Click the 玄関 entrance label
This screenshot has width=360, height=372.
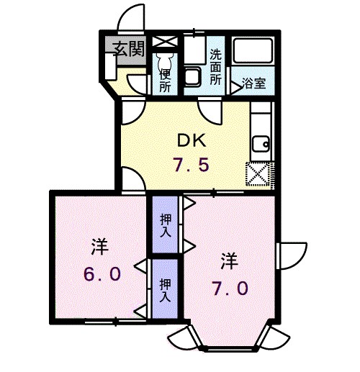point(129,48)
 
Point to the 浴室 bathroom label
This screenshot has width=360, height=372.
point(253,83)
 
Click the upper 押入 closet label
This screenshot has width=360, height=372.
point(165,224)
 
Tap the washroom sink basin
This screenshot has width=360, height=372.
point(193,76)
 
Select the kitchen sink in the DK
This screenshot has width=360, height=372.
point(260,144)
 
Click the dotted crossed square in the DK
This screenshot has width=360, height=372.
point(257,173)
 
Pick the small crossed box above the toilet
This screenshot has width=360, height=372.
point(165,40)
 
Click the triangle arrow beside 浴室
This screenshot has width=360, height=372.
point(235,86)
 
